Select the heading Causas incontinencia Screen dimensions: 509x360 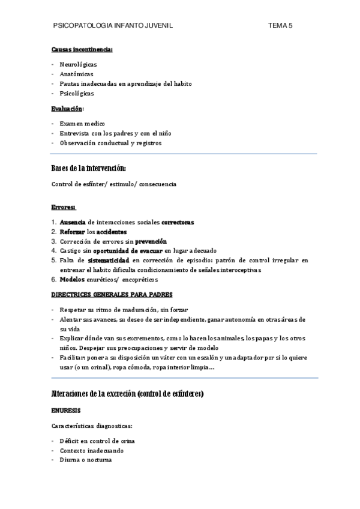click(x=82, y=49)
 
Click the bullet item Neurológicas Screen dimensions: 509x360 click(x=78, y=64)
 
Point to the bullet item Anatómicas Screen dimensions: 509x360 click(x=76, y=74)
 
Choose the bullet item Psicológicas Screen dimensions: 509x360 click(x=77, y=94)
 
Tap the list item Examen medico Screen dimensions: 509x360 click(x=82, y=124)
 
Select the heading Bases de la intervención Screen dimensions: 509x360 click(x=89, y=167)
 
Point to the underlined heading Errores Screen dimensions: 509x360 click(x=63, y=208)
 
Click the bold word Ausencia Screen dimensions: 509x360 click(x=73, y=222)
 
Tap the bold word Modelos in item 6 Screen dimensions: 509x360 click(x=72, y=280)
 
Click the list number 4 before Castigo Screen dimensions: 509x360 click(x=53, y=251)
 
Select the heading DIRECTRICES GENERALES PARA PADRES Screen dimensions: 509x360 click(x=112, y=295)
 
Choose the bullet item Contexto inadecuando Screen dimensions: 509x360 click(x=92, y=450)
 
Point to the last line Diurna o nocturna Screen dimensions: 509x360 click(x=85, y=460)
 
